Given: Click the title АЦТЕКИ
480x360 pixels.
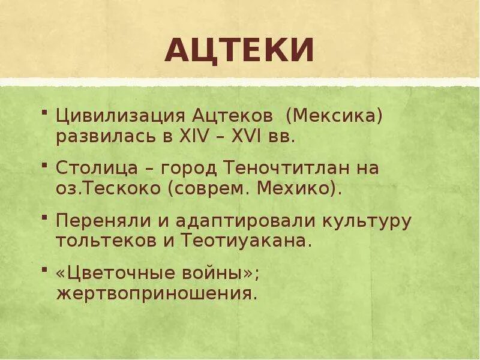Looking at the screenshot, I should [239, 50].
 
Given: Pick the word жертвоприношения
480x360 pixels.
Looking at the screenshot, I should [157, 294].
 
